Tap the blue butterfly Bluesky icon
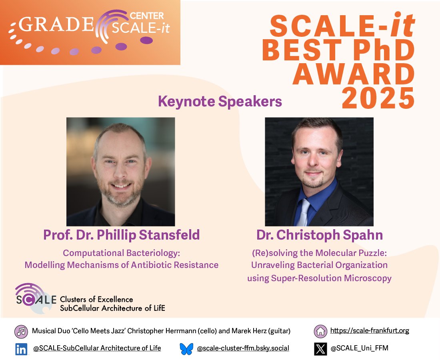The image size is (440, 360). (187, 349)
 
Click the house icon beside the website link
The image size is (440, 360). (320, 331)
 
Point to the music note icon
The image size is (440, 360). (21, 332)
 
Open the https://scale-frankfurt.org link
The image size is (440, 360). (370, 330)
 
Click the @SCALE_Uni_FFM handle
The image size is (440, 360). (360, 348)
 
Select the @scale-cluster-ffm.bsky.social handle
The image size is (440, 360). (243, 348)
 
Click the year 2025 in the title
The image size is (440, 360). (378, 98)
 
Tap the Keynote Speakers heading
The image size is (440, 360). (220, 101)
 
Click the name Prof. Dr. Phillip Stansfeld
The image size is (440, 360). (122, 235)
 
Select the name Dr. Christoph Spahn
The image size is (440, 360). (320, 235)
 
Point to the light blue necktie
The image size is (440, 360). (304, 212)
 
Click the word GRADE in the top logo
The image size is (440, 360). (56, 24)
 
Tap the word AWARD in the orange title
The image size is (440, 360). (354, 74)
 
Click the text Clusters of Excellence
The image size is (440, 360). (96, 299)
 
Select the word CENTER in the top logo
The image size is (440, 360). (147, 16)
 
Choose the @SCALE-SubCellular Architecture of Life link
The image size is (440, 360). (97, 348)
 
